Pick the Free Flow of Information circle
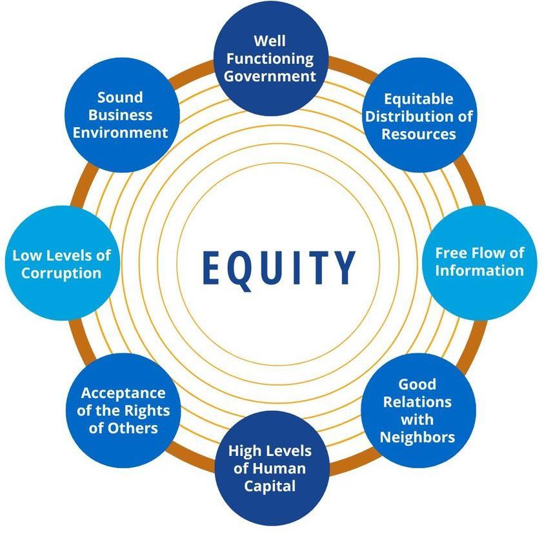pyautogui.click(x=479, y=261)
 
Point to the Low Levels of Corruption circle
pyautogui.click(x=62, y=264)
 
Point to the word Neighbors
pyautogui.click(x=418, y=437)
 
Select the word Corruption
pyautogui.click(x=61, y=273)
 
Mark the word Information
pyautogui.click(x=479, y=270)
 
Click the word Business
pyautogui.click(x=121, y=115)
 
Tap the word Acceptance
pyautogui.click(x=123, y=393)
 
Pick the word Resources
pyautogui.click(x=419, y=134)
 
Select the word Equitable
pyautogui.click(x=419, y=99)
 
